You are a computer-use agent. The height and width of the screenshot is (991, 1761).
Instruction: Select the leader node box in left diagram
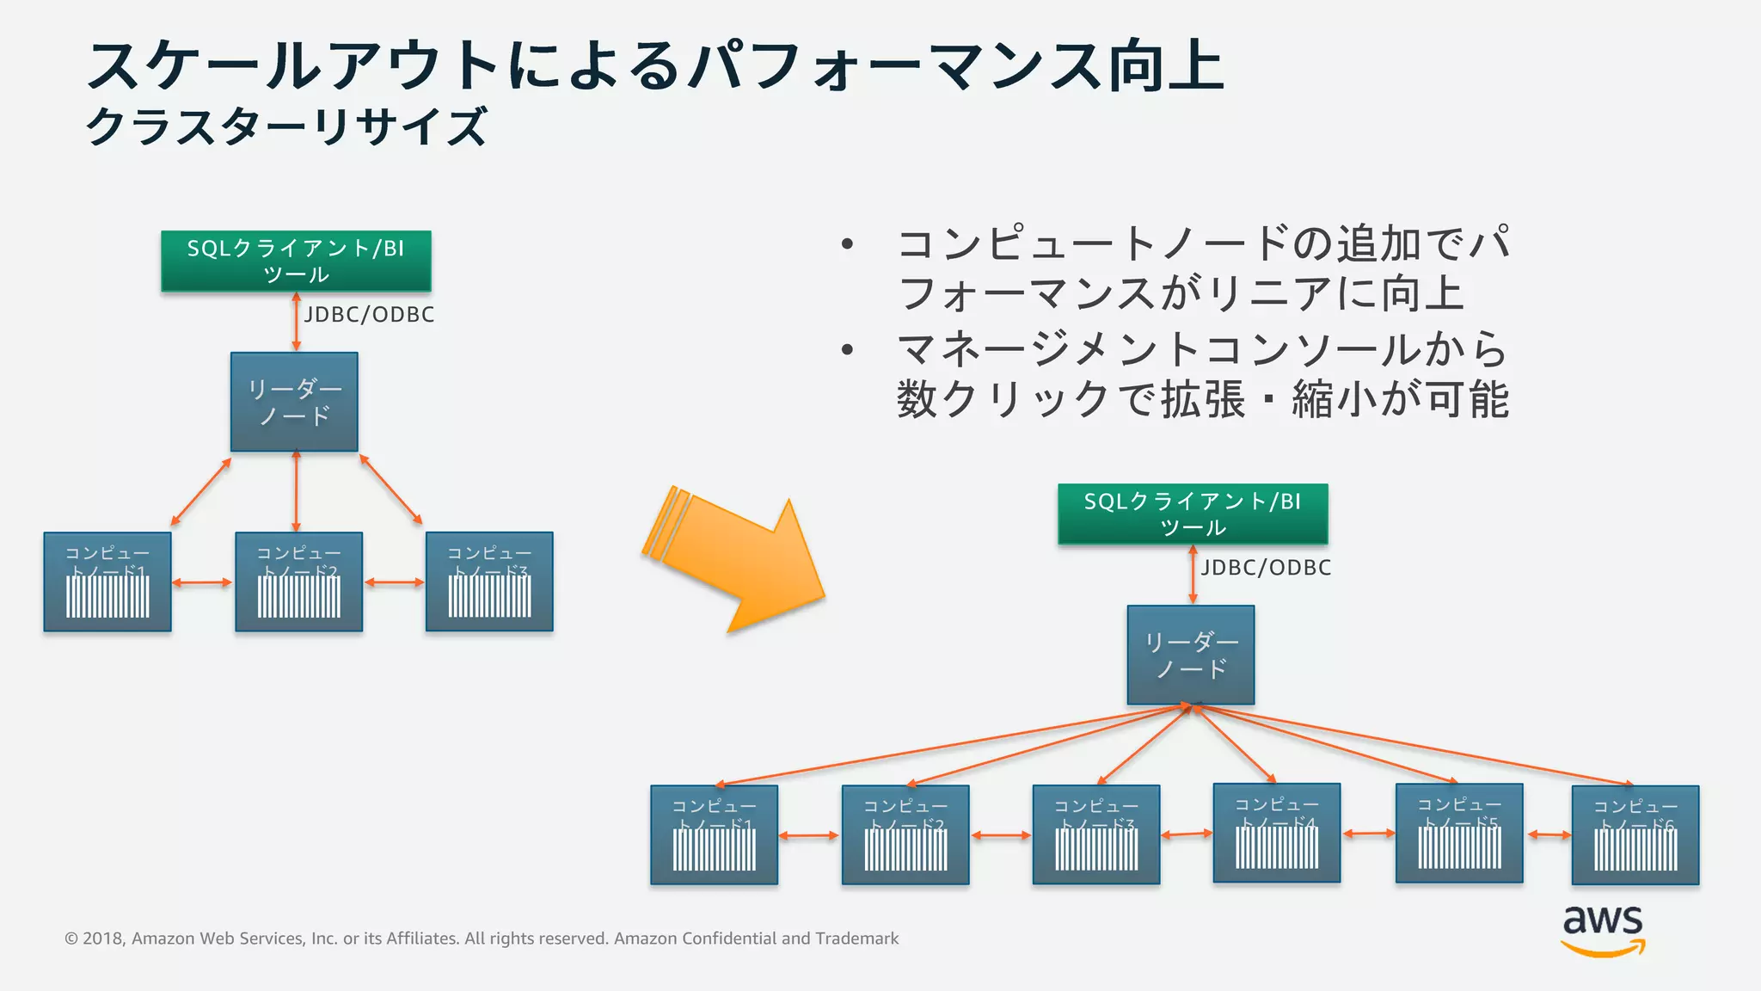click(294, 402)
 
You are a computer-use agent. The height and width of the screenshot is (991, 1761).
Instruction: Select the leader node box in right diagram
click(1191, 655)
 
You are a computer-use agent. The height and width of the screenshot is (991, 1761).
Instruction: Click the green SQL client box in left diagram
click(296, 261)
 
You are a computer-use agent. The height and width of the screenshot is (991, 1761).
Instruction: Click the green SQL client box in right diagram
click(1193, 514)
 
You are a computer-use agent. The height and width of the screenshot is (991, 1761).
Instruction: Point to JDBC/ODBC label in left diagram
click(369, 315)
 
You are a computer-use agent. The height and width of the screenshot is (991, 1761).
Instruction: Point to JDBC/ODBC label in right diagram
click(1266, 568)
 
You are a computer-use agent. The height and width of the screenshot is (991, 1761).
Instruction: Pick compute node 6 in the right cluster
click(1635, 835)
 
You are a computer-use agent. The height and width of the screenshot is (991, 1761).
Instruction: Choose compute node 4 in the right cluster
click(1277, 833)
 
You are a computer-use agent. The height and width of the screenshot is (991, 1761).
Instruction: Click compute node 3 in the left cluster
click(489, 582)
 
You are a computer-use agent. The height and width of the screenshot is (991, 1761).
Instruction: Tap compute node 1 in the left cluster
click(107, 582)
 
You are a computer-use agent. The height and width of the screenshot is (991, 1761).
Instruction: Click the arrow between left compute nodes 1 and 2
click(203, 583)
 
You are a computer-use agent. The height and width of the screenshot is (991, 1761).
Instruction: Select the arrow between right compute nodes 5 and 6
click(1548, 834)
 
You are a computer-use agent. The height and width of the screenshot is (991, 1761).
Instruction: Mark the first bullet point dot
click(847, 244)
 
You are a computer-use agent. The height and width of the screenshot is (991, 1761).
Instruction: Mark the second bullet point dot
click(847, 349)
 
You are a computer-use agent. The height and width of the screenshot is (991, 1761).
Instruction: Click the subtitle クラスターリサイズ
click(287, 126)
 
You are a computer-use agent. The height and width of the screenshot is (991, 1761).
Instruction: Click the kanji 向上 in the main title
click(1166, 66)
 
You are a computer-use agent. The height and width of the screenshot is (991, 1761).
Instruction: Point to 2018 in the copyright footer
click(103, 939)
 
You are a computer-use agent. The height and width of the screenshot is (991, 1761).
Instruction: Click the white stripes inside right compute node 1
click(715, 850)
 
